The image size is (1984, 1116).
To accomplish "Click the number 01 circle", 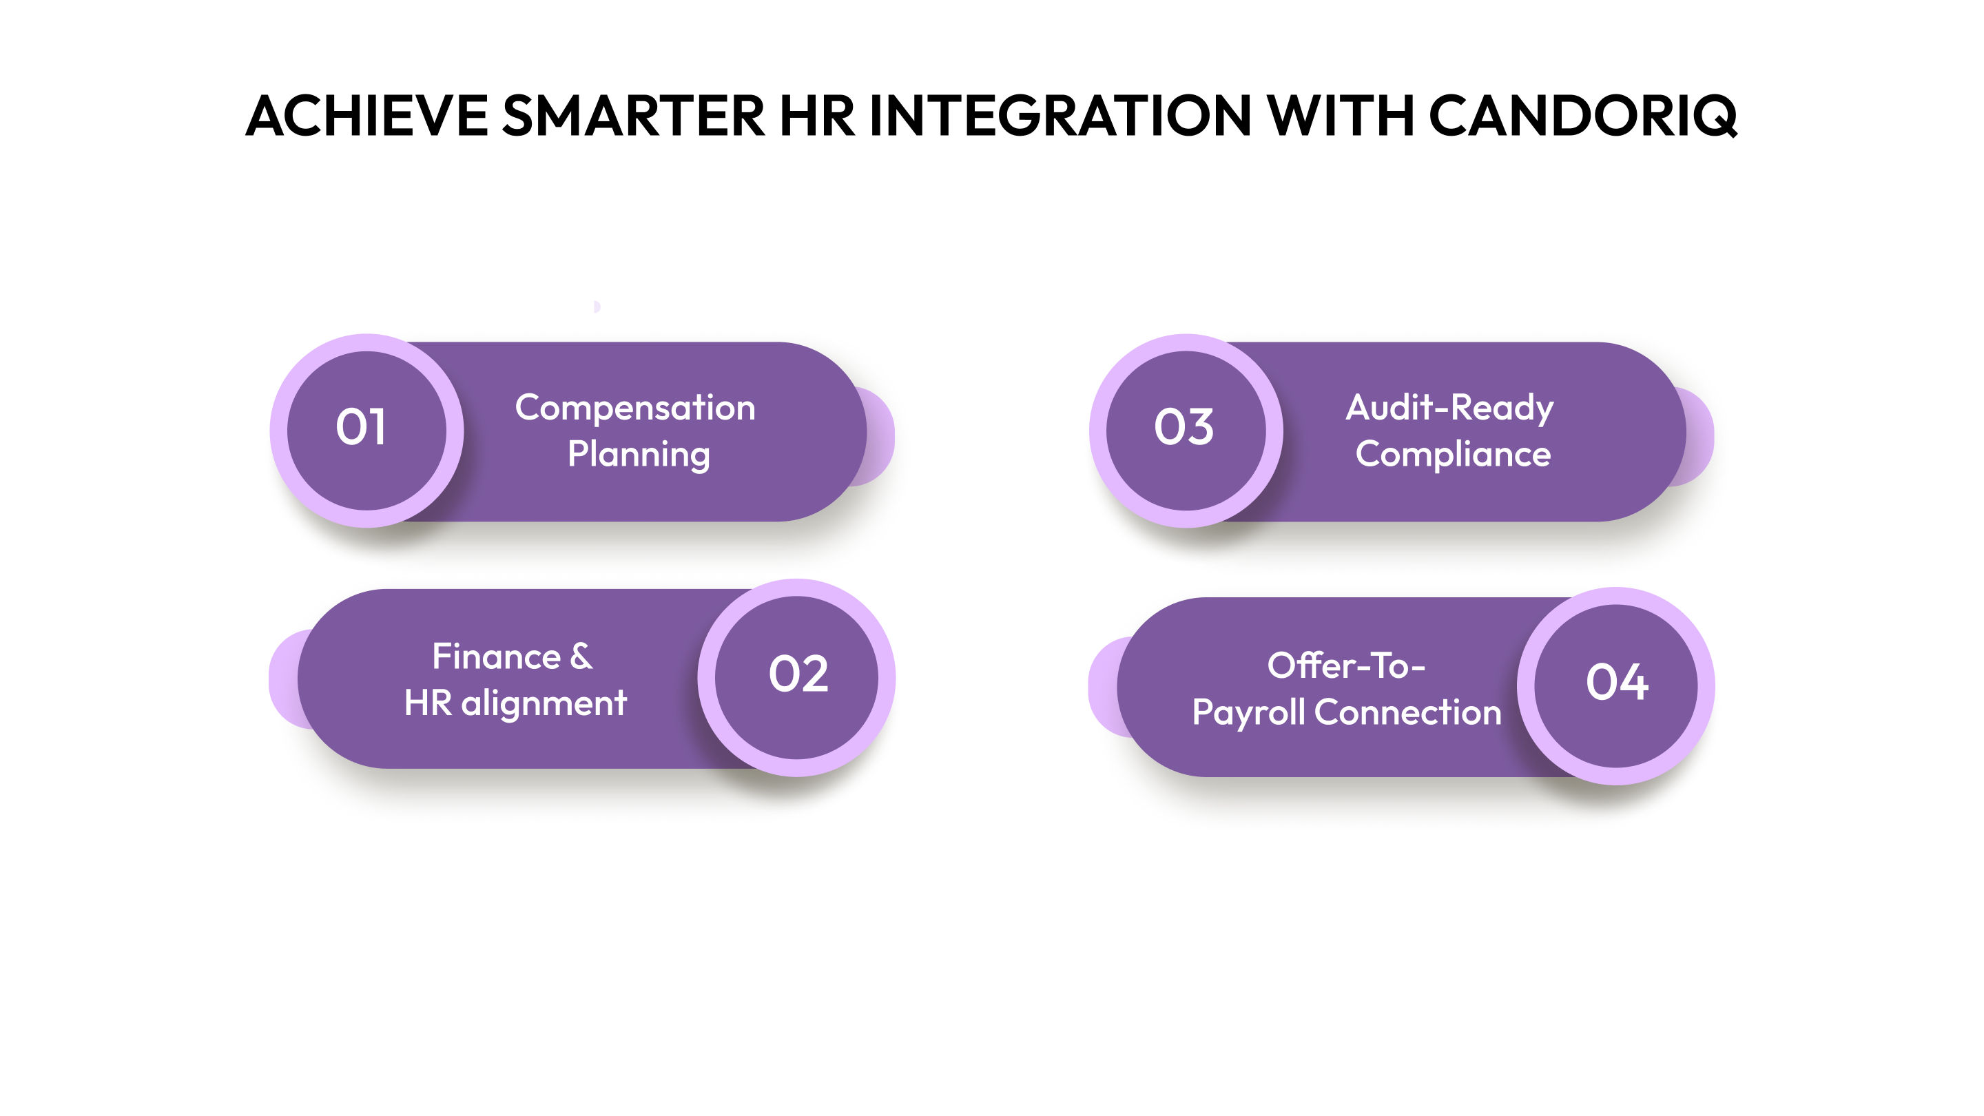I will tap(366, 430).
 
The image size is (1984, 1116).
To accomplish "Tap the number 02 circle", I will tap(796, 677).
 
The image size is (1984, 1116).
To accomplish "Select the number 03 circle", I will tap(1186, 430).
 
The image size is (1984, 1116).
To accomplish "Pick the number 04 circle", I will tap(1616, 685).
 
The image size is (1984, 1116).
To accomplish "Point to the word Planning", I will tap(639, 455).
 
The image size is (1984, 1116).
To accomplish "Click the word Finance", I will tap(496, 657).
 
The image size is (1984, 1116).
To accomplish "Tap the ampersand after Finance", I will tap(581, 657).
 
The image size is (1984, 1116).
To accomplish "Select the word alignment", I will tap(544, 703).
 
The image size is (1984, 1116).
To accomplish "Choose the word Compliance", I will tap(1453, 455).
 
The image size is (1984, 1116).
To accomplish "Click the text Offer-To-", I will tap(1345, 666).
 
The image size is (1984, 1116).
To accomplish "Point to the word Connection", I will tap(1407, 712).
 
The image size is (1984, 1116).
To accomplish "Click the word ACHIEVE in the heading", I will tap(366, 116).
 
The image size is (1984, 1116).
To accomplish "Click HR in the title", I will tap(816, 116).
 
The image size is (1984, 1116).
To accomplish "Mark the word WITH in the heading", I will tap(1341, 116).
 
